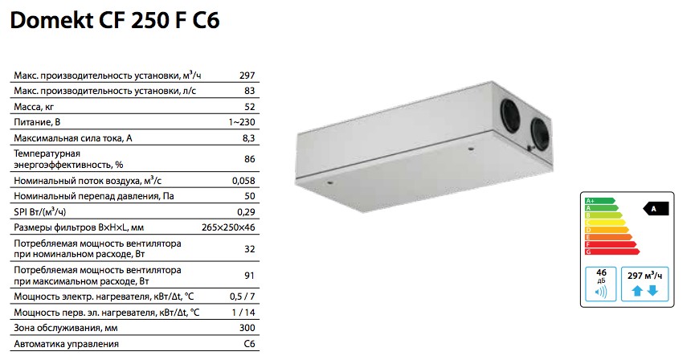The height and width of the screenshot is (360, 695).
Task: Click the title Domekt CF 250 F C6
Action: (115, 21)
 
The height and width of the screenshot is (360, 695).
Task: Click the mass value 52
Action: (250, 107)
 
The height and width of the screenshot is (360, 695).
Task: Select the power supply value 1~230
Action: (242, 122)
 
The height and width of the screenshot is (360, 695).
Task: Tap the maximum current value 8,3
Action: (248, 138)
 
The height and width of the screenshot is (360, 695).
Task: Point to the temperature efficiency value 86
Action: (250, 159)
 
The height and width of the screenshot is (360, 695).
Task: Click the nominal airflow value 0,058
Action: (243, 181)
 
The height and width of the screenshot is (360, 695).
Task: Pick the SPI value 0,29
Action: (246, 212)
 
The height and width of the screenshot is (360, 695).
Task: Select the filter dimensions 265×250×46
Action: (228, 228)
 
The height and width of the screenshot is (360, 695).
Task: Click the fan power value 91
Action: (250, 276)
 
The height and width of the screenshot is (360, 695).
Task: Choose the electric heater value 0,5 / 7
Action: (243, 297)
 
